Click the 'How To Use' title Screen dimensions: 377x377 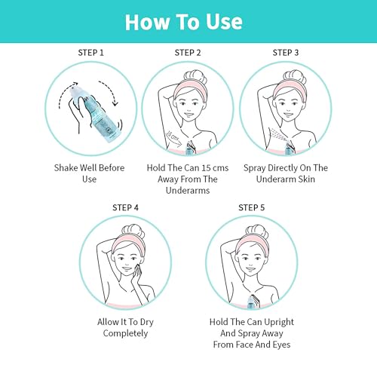[x=184, y=22]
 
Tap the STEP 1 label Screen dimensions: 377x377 [x=90, y=53]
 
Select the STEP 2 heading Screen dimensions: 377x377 [x=188, y=53]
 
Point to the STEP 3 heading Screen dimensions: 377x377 [x=286, y=53]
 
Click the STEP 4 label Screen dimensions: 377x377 [x=125, y=207]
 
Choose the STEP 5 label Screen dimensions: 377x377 [x=252, y=207]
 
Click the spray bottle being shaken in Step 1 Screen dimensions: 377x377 [x=95, y=115]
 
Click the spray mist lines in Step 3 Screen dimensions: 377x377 [x=278, y=134]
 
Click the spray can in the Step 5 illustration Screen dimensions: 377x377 [x=252, y=302]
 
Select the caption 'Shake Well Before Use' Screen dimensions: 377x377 [x=89, y=173]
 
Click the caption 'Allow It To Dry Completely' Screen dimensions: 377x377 [x=125, y=328]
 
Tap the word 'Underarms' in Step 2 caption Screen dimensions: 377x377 [x=188, y=190]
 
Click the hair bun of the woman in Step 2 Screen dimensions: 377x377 [x=195, y=78]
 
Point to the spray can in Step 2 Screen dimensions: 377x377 [x=190, y=149]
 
